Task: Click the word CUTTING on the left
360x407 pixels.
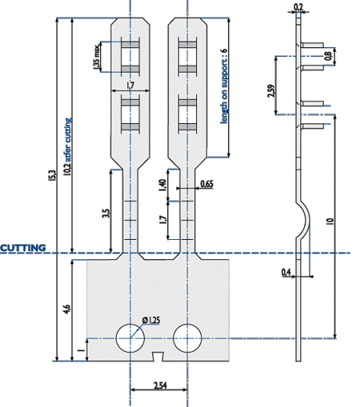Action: (x=23, y=248)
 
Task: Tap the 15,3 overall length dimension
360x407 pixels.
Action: (x=52, y=176)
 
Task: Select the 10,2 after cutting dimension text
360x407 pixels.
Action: (x=68, y=147)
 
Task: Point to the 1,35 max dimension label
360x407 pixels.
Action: (x=97, y=57)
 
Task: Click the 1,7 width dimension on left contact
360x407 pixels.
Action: (x=130, y=86)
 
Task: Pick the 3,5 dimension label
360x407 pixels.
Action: (x=106, y=213)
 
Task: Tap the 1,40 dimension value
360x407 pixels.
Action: (x=162, y=185)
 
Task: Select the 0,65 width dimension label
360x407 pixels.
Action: (x=207, y=184)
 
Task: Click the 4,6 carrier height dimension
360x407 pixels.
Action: (x=67, y=309)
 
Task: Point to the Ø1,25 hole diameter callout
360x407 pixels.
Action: (x=151, y=320)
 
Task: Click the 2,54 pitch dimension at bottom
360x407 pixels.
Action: (x=160, y=385)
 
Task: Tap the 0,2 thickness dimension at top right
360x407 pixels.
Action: (x=298, y=6)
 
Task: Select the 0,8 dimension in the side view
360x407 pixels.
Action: (x=329, y=55)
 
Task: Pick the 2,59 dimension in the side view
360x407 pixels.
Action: (x=271, y=91)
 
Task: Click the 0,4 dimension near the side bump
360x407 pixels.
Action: (x=286, y=272)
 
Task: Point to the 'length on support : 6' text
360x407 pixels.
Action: (x=224, y=86)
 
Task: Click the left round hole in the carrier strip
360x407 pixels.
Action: (x=130, y=338)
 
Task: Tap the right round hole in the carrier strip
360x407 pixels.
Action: (x=187, y=338)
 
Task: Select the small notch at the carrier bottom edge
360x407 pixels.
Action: (x=158, y=357)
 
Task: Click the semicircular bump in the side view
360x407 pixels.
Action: (x=307, y=220)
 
